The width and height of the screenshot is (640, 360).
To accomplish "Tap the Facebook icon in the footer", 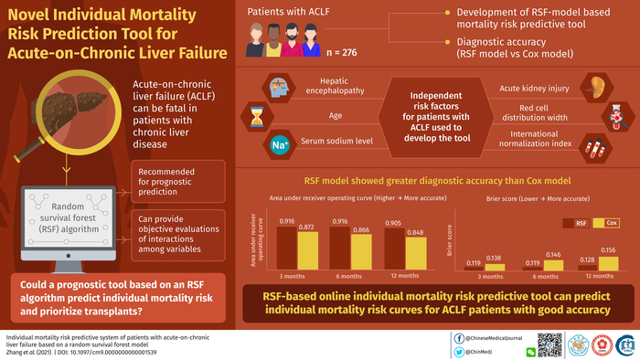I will click(457, 336).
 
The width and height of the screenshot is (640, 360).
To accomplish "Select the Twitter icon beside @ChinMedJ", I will click(457, 351).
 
